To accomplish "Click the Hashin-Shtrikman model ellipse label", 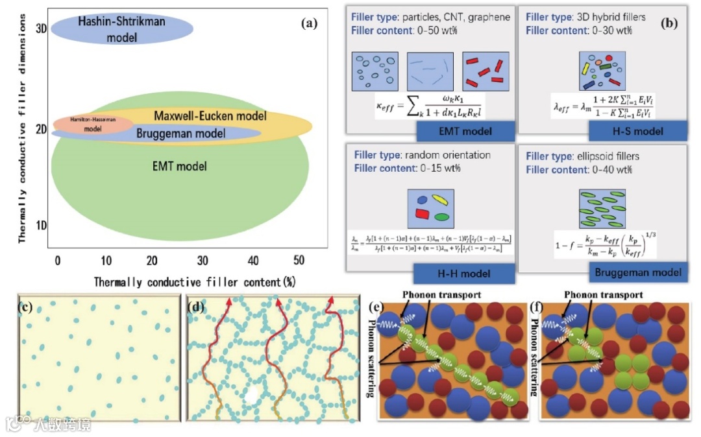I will pyautogui.click(x=121, y=29).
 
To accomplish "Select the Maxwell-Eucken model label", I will pyautogui.click(x=210, y=116).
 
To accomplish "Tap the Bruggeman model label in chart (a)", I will pyautogui.click(x=180, y=134).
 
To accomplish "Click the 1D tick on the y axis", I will pyautogui.click(x=41, y=226).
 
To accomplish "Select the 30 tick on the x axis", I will pyautogui.click(x=203, y=261).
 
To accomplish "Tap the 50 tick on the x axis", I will pyautogui.click(x=299, y=261).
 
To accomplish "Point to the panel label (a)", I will pyautogui.click(x=310, y=24).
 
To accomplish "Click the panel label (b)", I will pyautogui.click(x=669, y=24).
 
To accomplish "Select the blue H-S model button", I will pyautogui.click(x=637, y=131).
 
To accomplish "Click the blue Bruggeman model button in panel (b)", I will pyautogui.click(x=638, y=272).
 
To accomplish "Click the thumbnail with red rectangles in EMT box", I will pyautogui.click(x=484, y=71).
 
